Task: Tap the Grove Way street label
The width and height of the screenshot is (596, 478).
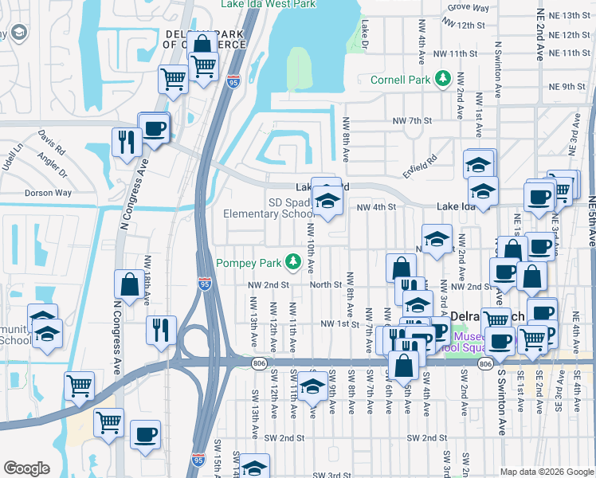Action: [469, 7]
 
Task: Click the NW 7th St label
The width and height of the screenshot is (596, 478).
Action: [411, 120]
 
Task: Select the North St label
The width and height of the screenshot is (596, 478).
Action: [326, 284]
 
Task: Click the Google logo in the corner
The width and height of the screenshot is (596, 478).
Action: [26, 468]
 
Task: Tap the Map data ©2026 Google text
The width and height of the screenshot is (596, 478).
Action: [546, 472]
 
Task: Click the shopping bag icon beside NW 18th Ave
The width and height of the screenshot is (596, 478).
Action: [129, 284]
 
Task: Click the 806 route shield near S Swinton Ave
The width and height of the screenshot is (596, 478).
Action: [485, 363]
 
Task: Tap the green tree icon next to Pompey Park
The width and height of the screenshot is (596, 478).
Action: [293, 261]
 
